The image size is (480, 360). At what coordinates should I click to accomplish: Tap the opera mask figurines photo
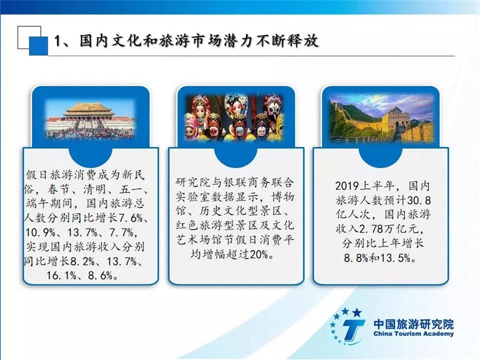coord(234,118)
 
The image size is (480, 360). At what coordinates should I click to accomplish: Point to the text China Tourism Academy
coord(413,334)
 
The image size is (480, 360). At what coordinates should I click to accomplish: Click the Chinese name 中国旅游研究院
coord(413,324)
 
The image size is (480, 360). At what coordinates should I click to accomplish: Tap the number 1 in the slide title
coord(57,41)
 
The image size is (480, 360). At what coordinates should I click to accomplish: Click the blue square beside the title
coord(38,46)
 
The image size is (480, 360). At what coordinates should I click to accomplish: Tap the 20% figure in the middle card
coord(259,254)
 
